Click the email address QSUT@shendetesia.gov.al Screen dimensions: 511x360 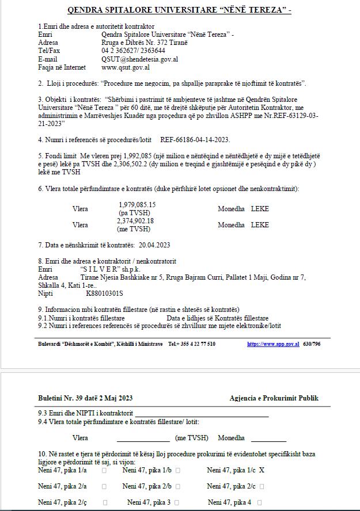[139, 59]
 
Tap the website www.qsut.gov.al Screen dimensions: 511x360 [126, 67]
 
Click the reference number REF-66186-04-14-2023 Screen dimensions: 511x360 [195, 139]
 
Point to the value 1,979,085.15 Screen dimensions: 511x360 [137, 205]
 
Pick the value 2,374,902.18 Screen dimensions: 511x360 [135, 221]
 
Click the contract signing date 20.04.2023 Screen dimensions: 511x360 [154, 245]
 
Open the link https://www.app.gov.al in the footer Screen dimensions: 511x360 [273, 344]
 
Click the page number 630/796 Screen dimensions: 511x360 [312, 344]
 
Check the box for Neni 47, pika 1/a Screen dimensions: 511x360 [104, 470]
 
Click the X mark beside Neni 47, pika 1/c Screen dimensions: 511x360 [262, 470]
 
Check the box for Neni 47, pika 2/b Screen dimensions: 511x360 [178, 486]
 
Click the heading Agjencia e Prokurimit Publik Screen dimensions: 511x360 [274, 398]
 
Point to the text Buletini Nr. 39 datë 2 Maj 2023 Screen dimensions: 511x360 [85, 398]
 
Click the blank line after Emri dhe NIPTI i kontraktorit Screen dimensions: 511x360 [202, 413]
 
